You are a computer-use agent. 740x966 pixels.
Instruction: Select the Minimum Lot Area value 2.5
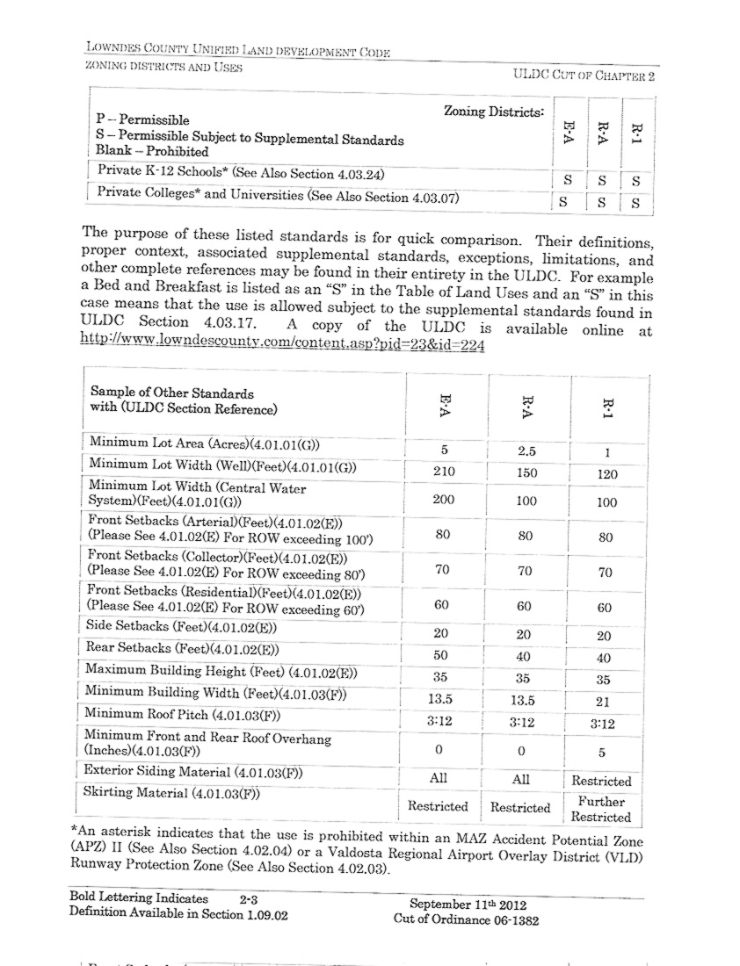tap(526, 451)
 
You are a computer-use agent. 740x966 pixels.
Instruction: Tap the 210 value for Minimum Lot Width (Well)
tap(443, 472)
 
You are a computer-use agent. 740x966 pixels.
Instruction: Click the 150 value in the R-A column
tap(526, 473)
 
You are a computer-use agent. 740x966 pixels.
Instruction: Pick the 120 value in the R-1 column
tap(606, 475)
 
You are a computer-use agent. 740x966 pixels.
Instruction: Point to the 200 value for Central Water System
tap(443, 500)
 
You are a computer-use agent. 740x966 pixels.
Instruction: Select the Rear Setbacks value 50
tap(442, 654)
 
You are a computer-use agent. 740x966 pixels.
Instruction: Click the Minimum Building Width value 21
tap(604, 702)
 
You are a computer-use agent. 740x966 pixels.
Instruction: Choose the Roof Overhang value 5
tap(603, 753)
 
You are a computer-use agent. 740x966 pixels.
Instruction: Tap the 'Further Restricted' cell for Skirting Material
tap(601, 809)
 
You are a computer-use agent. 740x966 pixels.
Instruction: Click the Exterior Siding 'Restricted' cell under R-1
tap(601, 781)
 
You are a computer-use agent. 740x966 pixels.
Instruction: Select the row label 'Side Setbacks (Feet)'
tap(180, 627)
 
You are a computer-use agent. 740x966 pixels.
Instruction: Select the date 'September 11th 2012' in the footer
tap(467, 904)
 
